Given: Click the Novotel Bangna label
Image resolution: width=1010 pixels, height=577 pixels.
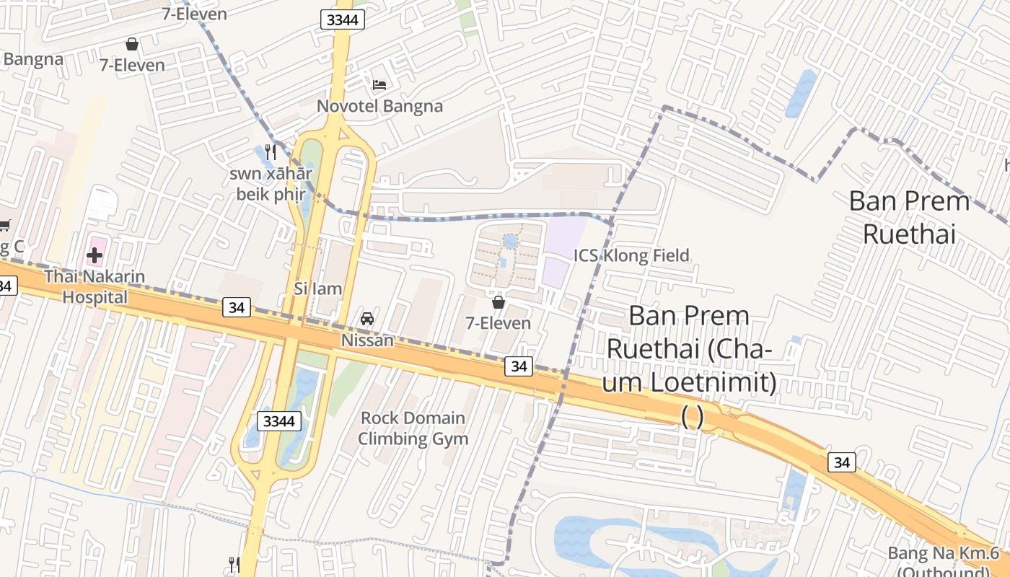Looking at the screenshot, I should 379,106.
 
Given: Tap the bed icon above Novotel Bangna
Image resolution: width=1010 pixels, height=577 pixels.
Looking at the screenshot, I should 379,85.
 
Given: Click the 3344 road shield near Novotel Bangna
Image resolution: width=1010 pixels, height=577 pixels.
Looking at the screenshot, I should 342,20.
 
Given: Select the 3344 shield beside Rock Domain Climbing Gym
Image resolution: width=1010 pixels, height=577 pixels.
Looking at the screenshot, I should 278,421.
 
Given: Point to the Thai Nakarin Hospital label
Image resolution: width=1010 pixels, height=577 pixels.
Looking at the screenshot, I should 95,286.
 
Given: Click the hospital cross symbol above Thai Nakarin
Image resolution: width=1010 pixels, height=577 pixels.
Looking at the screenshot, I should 95,255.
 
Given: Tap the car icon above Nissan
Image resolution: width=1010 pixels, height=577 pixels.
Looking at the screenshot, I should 367,319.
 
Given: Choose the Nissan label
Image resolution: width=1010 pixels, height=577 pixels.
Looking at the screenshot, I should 367,340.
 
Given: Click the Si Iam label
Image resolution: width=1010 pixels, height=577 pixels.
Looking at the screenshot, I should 317,288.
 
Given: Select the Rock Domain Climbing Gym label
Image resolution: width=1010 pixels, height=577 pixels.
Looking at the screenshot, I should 413,428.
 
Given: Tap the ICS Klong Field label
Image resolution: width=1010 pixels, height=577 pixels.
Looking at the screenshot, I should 631,255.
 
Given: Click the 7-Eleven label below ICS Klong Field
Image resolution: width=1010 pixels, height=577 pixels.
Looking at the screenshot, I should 498,323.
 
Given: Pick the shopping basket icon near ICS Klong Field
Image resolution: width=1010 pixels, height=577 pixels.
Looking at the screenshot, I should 498,302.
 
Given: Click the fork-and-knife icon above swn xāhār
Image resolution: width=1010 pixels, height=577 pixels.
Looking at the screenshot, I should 271,152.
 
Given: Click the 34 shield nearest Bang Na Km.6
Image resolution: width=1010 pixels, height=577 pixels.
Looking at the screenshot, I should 841,462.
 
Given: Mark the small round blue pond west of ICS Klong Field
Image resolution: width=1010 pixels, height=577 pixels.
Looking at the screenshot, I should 511,241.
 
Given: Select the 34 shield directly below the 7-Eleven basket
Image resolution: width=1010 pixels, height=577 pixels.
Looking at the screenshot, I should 519,366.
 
